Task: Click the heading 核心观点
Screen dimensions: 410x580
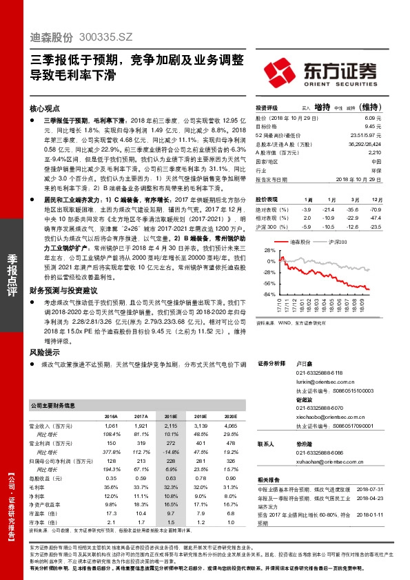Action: tap(46, 109)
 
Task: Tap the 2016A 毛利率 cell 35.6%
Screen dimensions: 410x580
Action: tap(109, 487)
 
